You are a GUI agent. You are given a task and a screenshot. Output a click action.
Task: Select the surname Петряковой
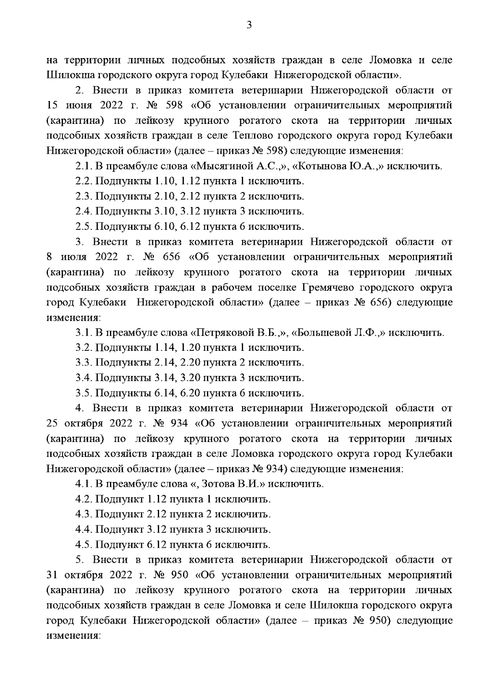[x=225, y=333]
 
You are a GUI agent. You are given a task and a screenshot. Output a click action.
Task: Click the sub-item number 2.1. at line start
[x=84, y=166]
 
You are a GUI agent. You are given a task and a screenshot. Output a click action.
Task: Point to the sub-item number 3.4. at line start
[x=84, y=378]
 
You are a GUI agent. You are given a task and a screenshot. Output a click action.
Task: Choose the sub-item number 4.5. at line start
[x=84, y=544]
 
